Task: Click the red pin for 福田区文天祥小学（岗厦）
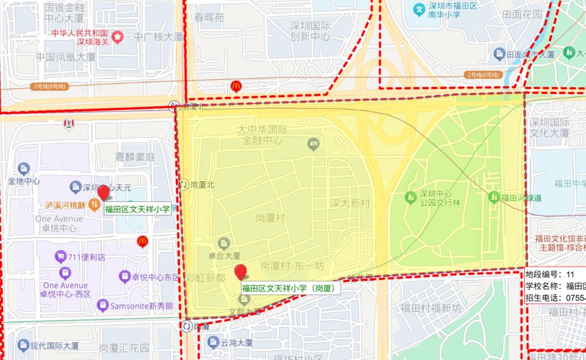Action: click(241, 272)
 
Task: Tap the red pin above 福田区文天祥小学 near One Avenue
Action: click(104, 193)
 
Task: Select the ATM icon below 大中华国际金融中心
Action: click(314, 144)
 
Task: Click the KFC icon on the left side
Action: click(68, 124)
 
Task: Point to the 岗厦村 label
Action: click(270, 217)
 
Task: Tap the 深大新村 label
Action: click(350, 203)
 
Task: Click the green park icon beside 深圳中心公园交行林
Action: click(410, 198)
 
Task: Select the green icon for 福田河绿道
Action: click(493, 197)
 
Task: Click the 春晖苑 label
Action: click(209, 18)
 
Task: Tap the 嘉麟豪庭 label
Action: click(136, 157)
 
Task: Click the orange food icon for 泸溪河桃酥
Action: click(94, 204)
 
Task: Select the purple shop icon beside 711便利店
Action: click(60, 256)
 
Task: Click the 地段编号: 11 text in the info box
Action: click(549, 275)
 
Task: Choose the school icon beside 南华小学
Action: click(419, 9)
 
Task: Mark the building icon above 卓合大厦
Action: click(223, 243)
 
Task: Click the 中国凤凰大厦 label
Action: click(66, 57)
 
